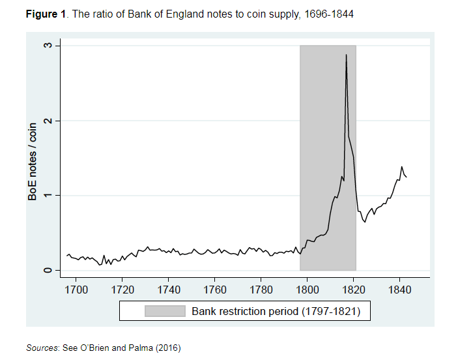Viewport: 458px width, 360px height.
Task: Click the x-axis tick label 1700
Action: point(76,288)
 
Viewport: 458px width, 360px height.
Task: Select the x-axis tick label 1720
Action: point(122,288)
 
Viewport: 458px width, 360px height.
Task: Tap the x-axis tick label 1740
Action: point(169,288)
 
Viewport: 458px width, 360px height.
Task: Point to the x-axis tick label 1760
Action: point(215,288)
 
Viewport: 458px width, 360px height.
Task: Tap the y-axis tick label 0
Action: point(48,270)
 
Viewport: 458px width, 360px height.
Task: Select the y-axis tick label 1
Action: point(48,196)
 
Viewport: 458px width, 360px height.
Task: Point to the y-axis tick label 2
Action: point(48,121)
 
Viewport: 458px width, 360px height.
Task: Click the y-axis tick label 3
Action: point(48,46)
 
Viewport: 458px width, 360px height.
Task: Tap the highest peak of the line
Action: point(346,55)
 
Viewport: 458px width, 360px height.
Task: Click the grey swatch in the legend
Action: point(165,311)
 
